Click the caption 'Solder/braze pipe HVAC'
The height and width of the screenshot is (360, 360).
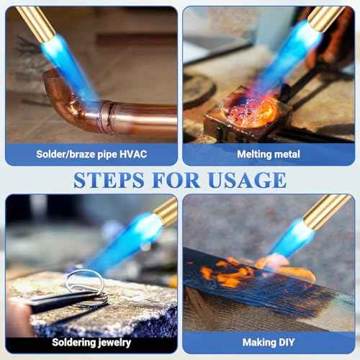click(91, 154)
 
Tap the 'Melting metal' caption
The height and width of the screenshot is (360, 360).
click(268, 154)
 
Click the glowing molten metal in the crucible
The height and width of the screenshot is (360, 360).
click(248, 112)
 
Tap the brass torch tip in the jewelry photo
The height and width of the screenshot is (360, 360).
click(166, 212)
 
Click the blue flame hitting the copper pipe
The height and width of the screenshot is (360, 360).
click(68, 61)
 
